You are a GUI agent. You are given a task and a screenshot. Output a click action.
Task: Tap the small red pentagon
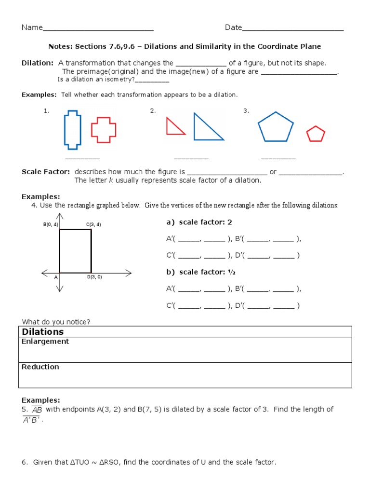click(x=316, y=134)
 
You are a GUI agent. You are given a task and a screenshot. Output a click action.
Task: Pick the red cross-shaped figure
click(x=104, y=130)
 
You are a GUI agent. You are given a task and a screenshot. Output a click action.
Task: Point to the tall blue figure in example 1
click(x=71, y=129)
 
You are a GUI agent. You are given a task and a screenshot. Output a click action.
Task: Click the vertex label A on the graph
click(x=56, y=277)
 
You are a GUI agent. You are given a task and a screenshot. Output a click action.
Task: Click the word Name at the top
click(x=32, y=27)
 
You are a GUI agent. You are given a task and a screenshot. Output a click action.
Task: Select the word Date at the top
click(x=233, y=27)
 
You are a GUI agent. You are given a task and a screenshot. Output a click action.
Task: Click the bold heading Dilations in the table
click(x=43, y=332)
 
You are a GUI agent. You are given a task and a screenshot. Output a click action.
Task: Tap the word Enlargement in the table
click(x=45, y=342)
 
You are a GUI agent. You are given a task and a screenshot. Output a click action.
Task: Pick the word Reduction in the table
click(x=40, y=367)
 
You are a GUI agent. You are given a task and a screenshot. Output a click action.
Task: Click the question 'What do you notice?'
click(x=56, y=322)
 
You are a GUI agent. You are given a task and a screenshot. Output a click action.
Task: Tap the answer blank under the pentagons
click(x=278, y=158)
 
